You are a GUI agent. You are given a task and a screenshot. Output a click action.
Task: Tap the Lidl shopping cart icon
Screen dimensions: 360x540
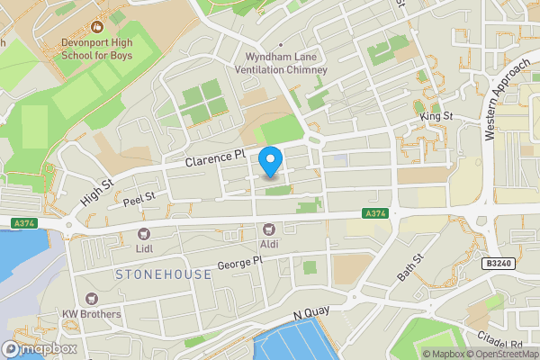click(x=143, y=233)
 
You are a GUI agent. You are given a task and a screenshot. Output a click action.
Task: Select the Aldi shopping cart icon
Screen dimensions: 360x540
click(x=268, y=231)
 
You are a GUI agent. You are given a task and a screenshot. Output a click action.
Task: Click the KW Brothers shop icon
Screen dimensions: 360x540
click(x=90, y=299)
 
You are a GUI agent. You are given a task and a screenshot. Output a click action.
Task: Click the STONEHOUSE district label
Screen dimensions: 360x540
click(x=163, y=274)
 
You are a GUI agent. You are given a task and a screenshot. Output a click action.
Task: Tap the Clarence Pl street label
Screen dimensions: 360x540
click(x=214, y=159)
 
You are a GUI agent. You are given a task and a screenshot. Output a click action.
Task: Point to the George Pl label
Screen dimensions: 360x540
click(x=239, y=263)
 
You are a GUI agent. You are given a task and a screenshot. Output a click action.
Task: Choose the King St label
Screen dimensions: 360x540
click(x=435, y=118)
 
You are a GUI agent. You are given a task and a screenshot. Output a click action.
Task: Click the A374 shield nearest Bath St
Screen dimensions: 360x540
click(x=377, y=213)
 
